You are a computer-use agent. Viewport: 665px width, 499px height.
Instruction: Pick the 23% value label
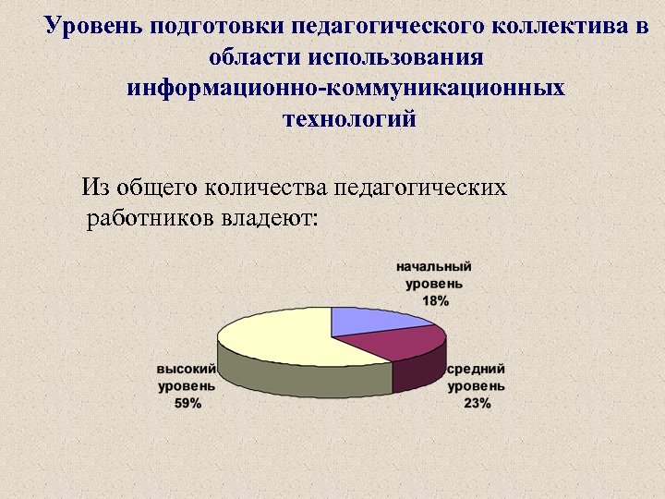click(478, 403)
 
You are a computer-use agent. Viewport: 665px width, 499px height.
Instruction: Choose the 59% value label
click(187, 402)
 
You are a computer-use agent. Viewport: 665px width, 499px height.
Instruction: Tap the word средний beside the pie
click(477, 369)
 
